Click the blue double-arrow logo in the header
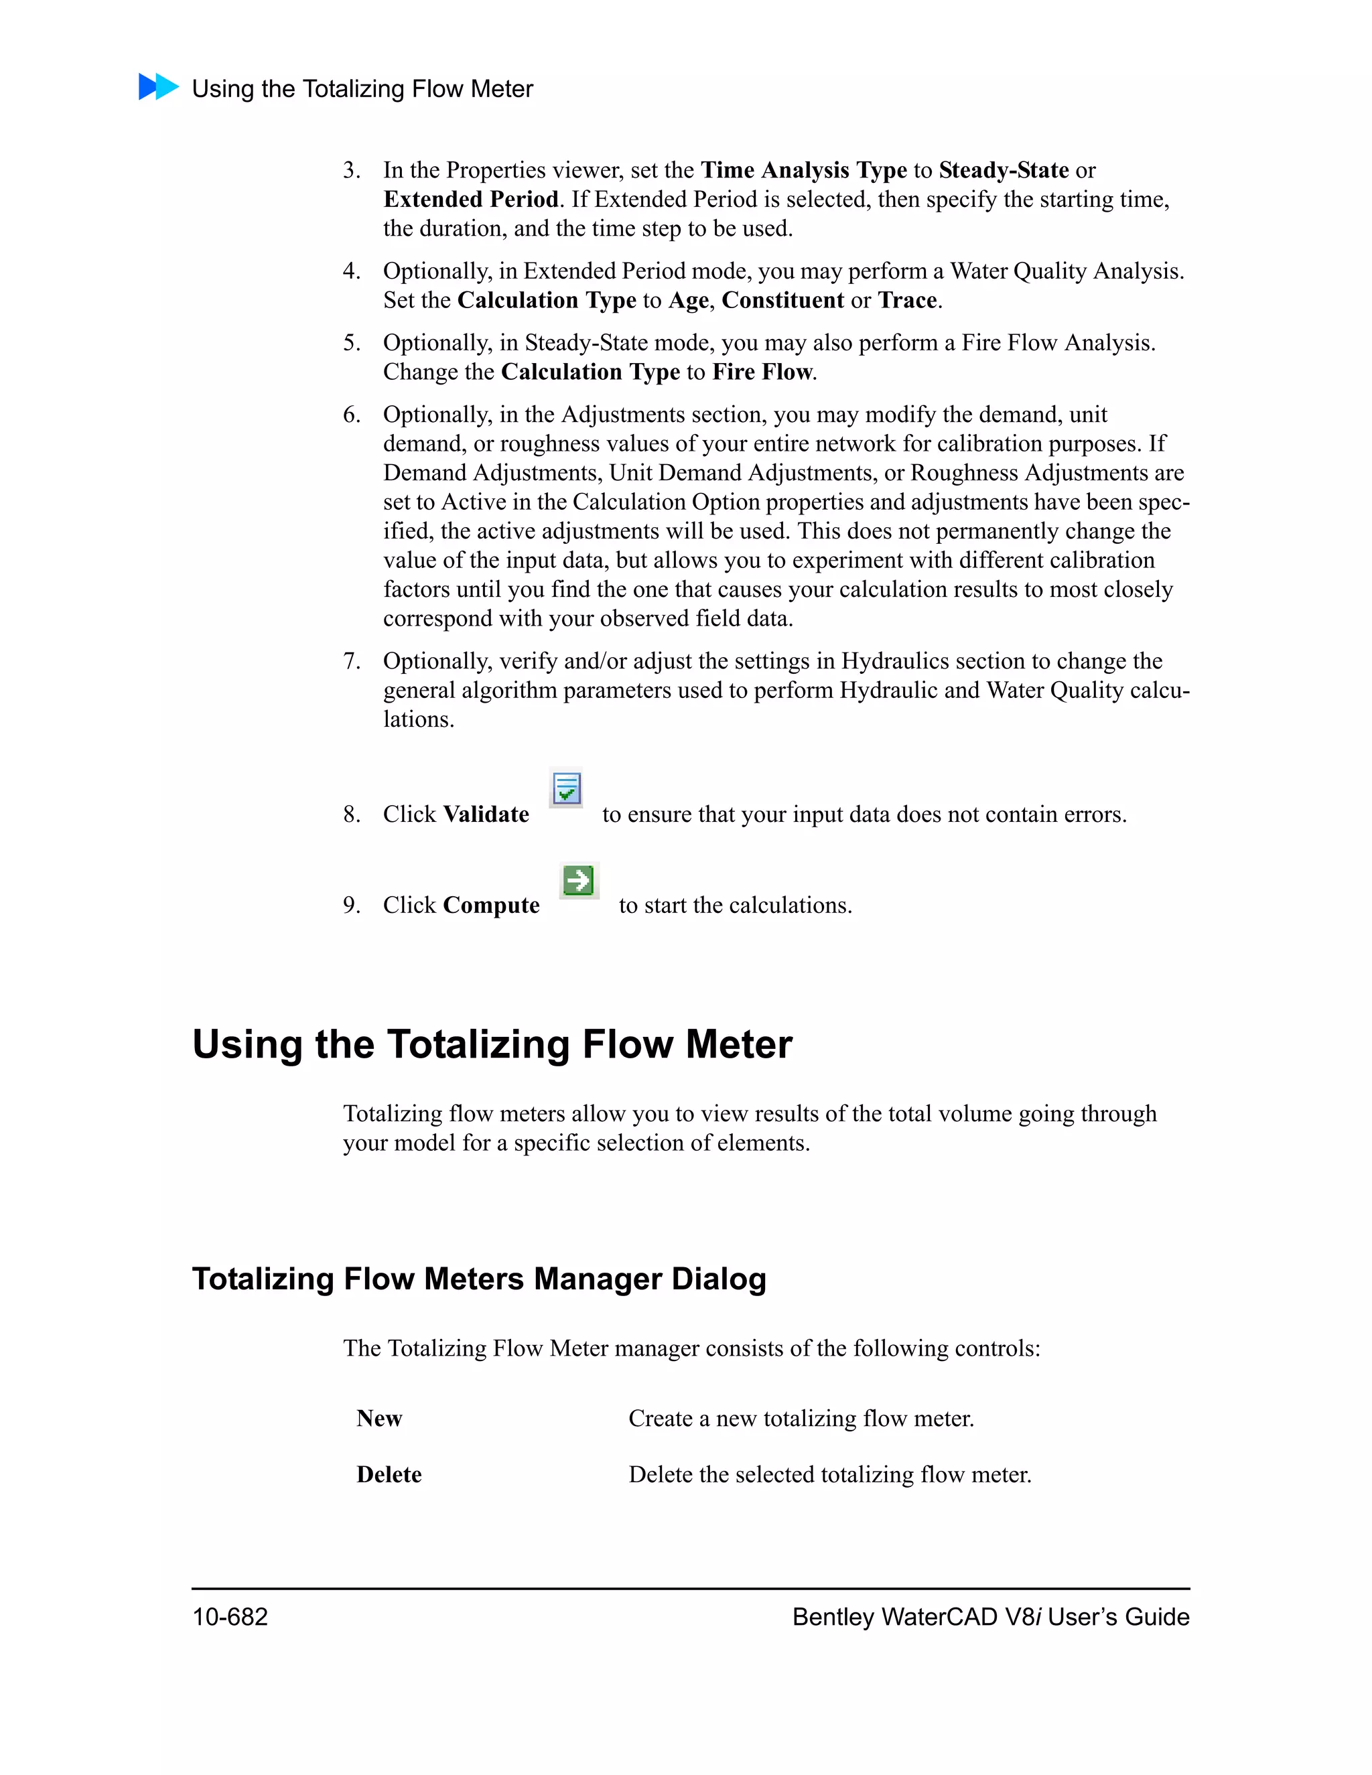[x=159, y=86]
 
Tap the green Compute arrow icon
[x=579, y=880]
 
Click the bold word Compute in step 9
[x=491, y=906]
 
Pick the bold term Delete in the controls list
[x=389, y=1474]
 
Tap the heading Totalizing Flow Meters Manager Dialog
[x=479, y=1279]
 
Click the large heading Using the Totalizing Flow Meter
[x=492, y=1044]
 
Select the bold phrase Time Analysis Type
[x=803, y=170]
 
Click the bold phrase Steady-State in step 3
[x=1003, y=170]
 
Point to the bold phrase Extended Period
[x=470, y=199]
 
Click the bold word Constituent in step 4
[x=782, y=300]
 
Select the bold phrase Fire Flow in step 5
[x=762, y=372]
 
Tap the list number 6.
[x=350, y=415]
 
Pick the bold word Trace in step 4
[x=907, y=300]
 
